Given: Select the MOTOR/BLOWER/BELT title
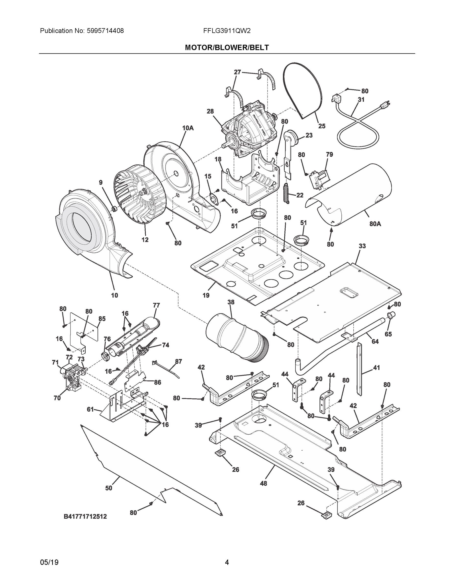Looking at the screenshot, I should click(x=227, y=48).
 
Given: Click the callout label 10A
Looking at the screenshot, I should click(x=188, y=128).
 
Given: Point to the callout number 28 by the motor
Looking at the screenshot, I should click(x=210, y=111).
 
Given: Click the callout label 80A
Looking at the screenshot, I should click(x=375, y=223).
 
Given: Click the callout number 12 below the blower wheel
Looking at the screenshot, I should click(x=145, y=240).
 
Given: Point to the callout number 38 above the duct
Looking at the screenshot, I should click(x=231, y=302).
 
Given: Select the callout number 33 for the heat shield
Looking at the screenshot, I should click(x=362, y=246).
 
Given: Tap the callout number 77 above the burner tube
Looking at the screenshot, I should click(x=156, y=305).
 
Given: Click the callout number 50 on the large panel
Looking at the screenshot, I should click(x=109, y=488).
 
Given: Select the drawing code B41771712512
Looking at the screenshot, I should click(x=85, y=516).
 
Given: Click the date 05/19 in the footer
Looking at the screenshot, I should click(x=49, y=562).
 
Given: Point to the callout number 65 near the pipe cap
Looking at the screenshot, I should click(x=388, y=334).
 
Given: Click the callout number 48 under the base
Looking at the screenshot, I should click(x=263, y=483).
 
